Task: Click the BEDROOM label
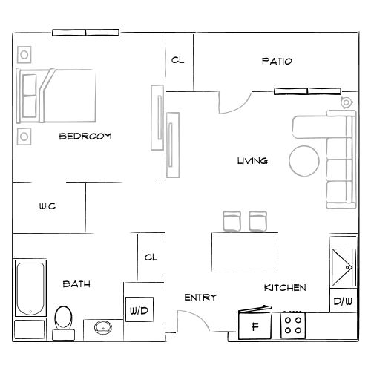tap(85, 136)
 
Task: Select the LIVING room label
tap(252, 161)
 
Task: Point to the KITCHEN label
tap(285, 287)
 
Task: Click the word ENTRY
tap(200, 298)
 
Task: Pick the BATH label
tap(76, 283)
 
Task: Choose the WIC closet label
tap(47, 207)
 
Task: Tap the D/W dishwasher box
tap(342, 301)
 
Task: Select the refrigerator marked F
tap(255, 325)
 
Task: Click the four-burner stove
tap(292, 324)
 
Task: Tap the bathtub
tap(30, 289)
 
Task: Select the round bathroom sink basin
tap(102, 326)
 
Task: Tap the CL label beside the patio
tap(178, 61)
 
